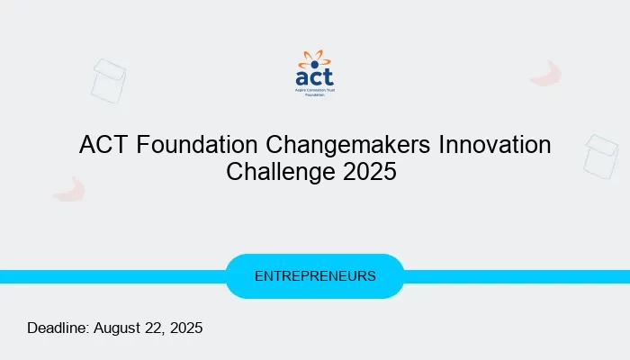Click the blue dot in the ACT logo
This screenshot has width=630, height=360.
coord(314,65)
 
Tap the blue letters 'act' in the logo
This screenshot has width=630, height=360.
coord(314,78)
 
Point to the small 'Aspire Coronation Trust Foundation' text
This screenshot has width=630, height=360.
coord(314,93)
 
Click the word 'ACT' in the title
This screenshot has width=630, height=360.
coord(103,145)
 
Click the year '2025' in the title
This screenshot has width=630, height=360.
coord(369,171)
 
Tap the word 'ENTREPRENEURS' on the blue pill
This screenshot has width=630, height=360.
coord(315,276)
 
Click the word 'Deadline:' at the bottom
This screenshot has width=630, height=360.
coord(58,328)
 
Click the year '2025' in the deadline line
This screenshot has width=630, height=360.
coord(186,328)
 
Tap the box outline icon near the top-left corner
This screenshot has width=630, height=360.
coord(108,79)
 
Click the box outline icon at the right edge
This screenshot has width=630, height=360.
coord(600,156)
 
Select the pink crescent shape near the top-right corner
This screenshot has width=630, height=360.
coord(546,74)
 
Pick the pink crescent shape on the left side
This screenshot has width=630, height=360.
coord(69,189)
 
